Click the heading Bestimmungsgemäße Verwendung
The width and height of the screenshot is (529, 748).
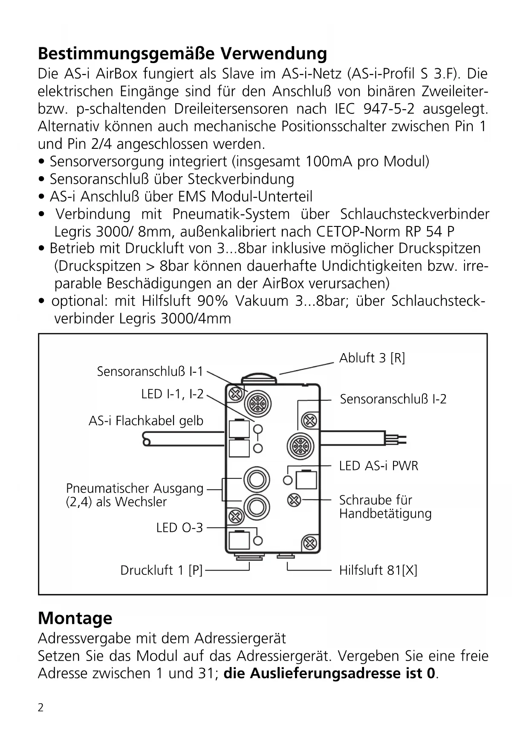pyautogui.click(x=182, y=54)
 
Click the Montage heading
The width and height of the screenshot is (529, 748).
pyautogui.click(x=75, y=618)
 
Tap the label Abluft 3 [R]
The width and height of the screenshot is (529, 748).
pyautogui.click(x=372, y=358)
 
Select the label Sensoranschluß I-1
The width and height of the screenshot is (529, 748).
pyautogui.click(x=150, y=371)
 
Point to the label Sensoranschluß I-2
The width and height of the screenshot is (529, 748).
pyautogui.click(x=393, y=399)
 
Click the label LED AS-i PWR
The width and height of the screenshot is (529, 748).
pyautogui.click(x=379, y=466)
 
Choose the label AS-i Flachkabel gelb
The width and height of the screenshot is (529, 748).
pyautogui.click(x=146, y=421)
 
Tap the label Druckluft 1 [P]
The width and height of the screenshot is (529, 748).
pyautogui.click(x=161, y=570)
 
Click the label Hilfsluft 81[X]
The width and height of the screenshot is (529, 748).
pyautogui.click(x=378, y=570)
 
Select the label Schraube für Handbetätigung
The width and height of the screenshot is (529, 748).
pyautogui.click(x=385, y=507)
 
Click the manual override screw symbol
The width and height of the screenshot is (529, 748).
pyautogui.click(x=294, y=499)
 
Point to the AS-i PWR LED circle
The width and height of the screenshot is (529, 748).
pyautogui.click(x=288, y=480)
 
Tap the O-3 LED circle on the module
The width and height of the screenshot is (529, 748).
pyautogui.click(x=258, y=541)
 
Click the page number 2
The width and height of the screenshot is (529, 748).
pyautogui.click(x=40, y=708)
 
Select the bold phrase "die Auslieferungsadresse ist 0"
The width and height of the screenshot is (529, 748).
pyautogui.click(x=330, y=673)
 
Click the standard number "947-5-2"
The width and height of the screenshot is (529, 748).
pyautogui.click(x=389, y=109)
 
